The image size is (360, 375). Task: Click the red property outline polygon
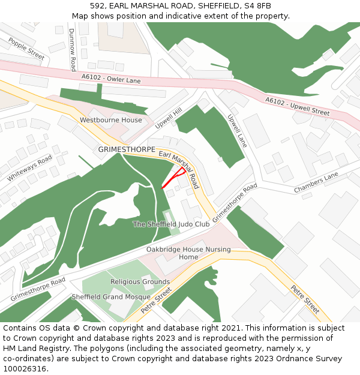(x=175, y=178)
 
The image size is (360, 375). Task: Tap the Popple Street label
(x=26, y=47)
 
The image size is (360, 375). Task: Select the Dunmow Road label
(x=73, y=49)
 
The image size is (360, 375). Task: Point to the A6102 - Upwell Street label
(x=298, y=107)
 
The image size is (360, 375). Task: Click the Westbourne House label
(x=111, y=120)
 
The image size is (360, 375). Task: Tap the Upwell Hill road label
(x=169, y=119)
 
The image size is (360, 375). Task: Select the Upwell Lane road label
(x=238, y=131)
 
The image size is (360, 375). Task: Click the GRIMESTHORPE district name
(x=127, y=149)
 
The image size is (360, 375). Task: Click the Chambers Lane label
(x=316, y=183)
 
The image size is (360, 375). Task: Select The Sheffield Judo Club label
(x=171, y=224)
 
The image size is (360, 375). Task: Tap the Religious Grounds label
(x=140, y=281)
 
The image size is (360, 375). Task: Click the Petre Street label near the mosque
(x=155, y=301)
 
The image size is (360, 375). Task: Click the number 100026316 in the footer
(x=25, y=368)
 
